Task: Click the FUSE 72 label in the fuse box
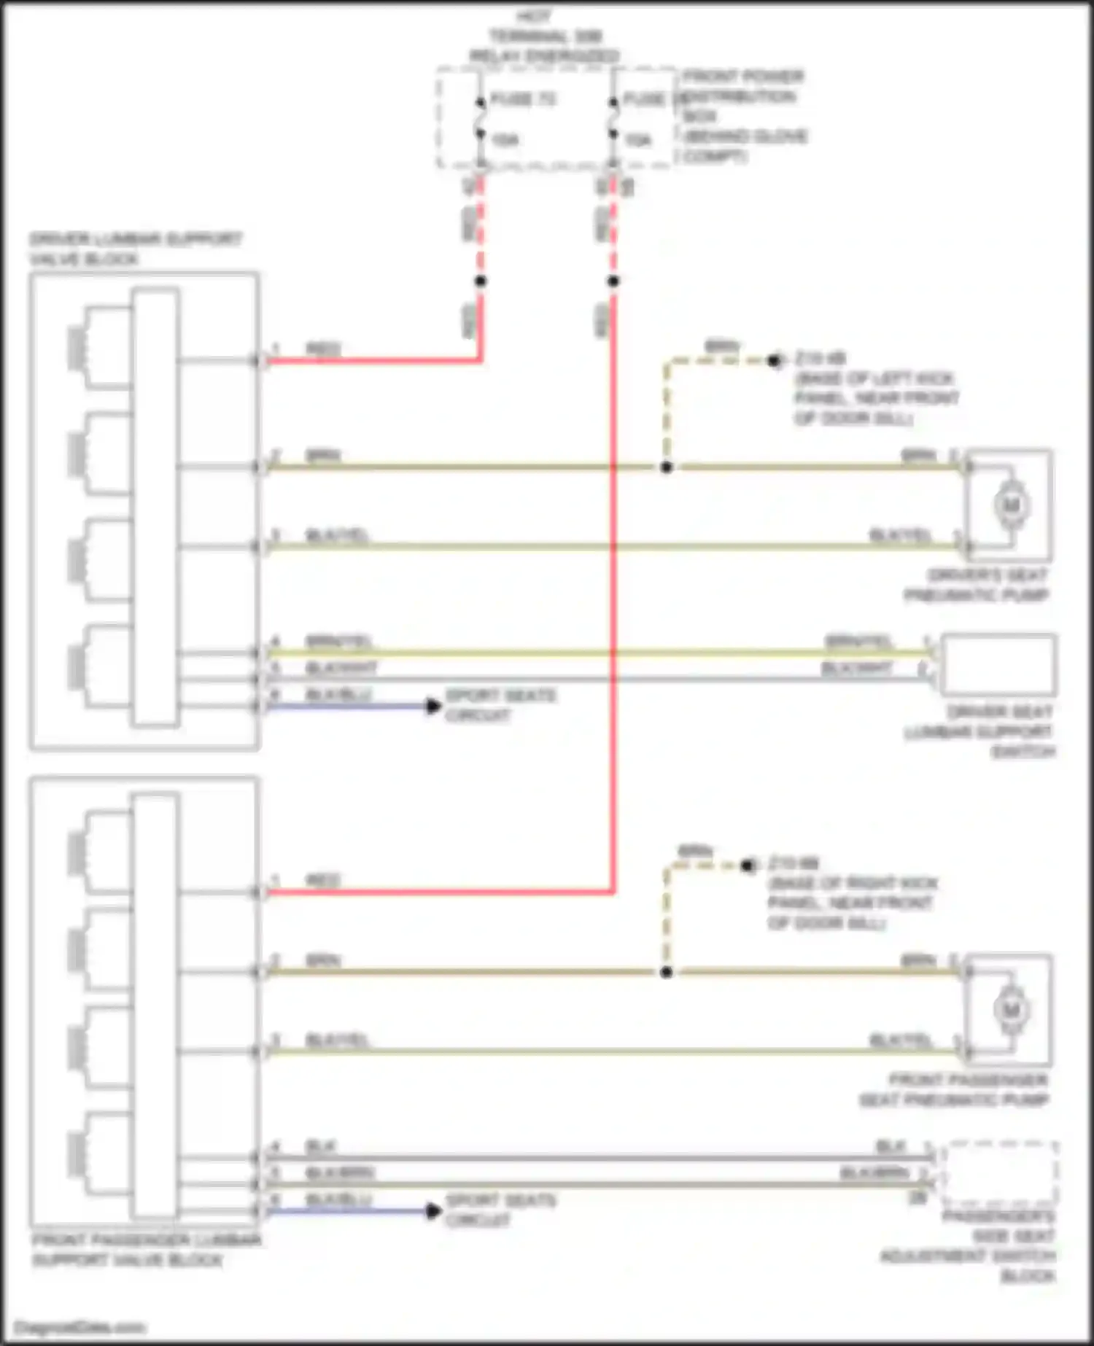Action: click(523, 99)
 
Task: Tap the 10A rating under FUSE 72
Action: click(505, 140)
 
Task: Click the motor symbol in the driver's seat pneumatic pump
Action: click(1011, 505)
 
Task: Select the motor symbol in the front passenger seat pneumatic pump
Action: click(1011, 1010)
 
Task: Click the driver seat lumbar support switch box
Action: click(998, 665)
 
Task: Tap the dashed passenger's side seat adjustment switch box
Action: click(1000, 1173)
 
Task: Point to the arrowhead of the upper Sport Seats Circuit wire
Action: click(434, 706)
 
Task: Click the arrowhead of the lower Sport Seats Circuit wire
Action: click(434, 1211)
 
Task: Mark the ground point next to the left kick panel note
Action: click(775, 360)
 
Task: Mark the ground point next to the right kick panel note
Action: click(748, 865)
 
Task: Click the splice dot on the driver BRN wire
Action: click(666, 467)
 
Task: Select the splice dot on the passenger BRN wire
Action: click(666, 973)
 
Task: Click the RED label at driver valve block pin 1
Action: click(323, 349)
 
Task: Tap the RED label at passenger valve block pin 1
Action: click(323, 881)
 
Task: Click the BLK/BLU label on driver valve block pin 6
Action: click(338, 694)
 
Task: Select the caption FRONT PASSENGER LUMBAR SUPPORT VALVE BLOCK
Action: click(146, 1250)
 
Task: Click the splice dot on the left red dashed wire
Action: click(481, 281)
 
